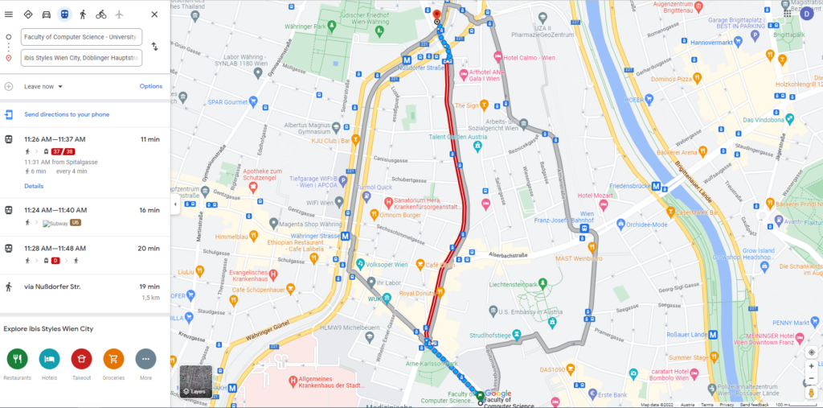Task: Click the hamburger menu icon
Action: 9,14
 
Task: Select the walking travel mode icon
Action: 82,14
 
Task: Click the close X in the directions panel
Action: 154,14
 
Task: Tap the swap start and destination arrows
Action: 154,47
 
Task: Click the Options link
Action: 150,86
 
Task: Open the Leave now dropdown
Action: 43,86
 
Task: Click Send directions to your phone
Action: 66,114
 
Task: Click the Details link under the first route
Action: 34,186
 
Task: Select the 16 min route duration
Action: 149,210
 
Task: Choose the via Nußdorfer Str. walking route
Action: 56,286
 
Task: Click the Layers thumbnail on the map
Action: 196,381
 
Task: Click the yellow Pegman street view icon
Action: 811,392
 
